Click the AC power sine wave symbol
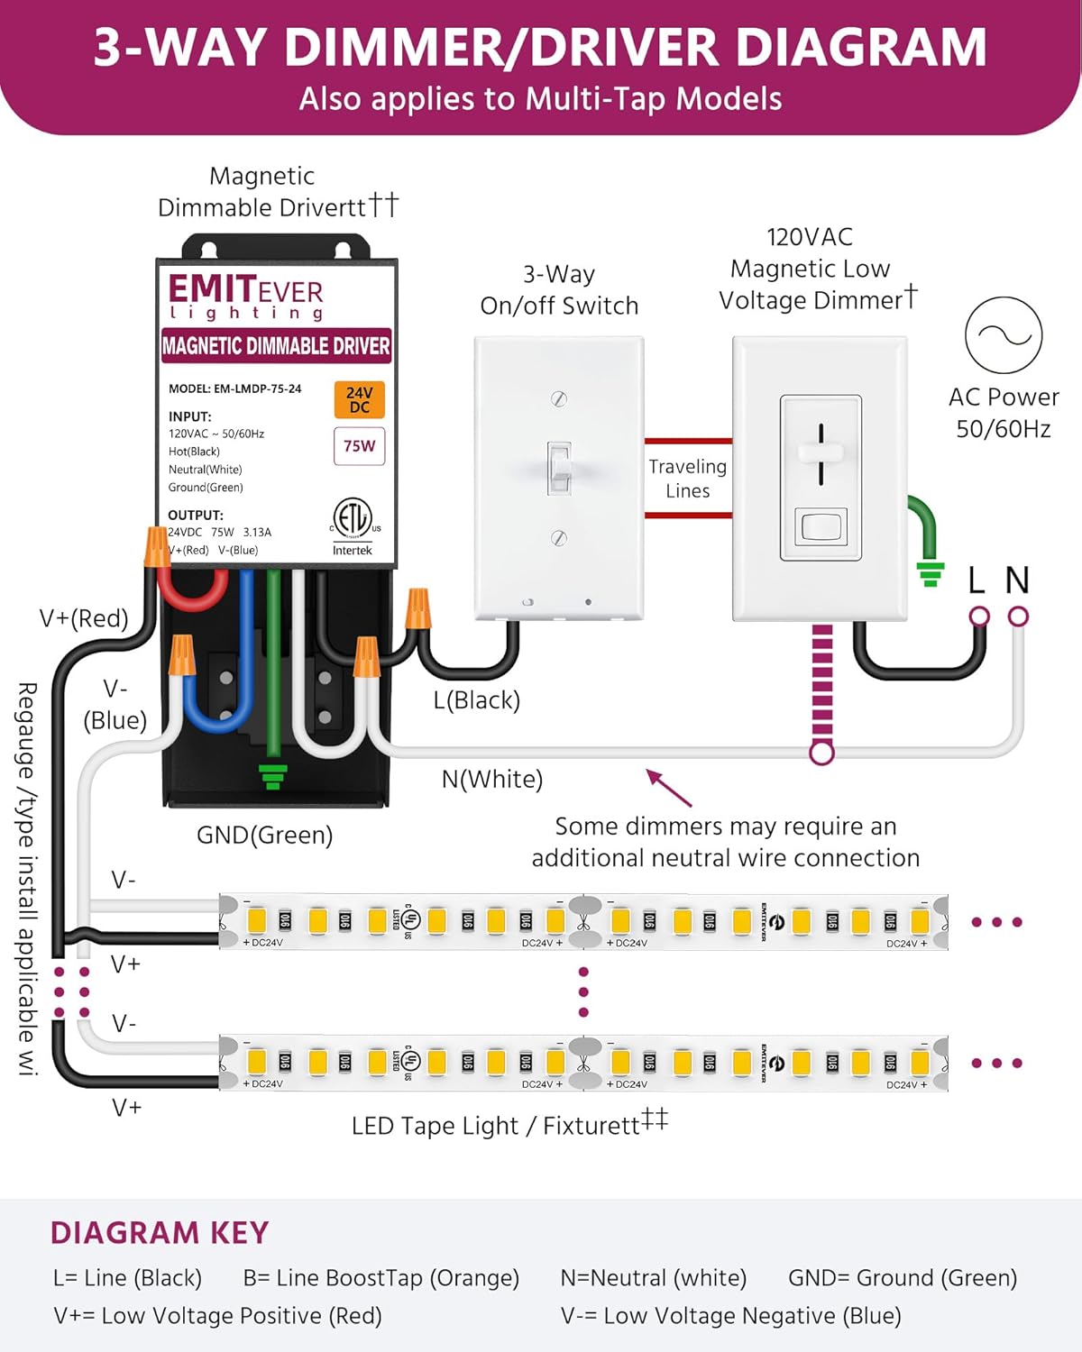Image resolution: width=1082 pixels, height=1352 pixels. pos(1004,335)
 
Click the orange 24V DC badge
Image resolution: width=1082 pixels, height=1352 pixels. pos(359,399)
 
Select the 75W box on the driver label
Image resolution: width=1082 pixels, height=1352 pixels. pos(359,446)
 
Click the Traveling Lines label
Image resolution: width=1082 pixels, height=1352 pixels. pos(687,479)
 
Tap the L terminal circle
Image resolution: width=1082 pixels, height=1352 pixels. pos(979,617)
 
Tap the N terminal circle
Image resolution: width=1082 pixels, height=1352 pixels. pos(1018,617)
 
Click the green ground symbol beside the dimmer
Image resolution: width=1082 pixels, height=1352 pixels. pos(930,573)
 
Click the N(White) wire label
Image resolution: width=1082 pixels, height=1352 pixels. pos(492,779)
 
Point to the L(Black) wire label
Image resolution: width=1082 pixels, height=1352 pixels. pos(476,700)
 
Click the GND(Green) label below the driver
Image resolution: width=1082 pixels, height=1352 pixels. pos(264,836)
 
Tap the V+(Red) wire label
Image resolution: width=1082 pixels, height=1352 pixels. pos(84,618)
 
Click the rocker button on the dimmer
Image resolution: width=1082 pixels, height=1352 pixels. pos(821,526)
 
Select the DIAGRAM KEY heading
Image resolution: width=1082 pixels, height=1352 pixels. pos(160,1233)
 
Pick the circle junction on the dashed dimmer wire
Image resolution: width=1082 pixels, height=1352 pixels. pos(821,752)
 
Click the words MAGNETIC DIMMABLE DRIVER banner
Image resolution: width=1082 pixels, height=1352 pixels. pos(276,346)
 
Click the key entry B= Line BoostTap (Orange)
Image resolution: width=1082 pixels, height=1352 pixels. pos(381,1278)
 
